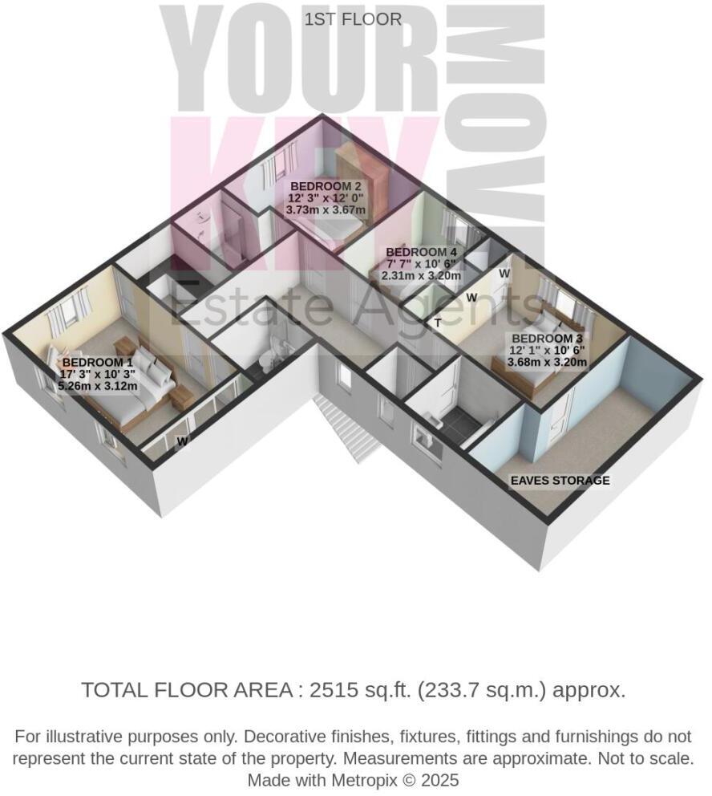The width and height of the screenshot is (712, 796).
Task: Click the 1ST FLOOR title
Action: (x=353, y=19)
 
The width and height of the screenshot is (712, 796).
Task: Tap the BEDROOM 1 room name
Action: (x=93, y=362)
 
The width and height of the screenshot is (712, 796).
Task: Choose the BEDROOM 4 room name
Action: (x=421, y=251)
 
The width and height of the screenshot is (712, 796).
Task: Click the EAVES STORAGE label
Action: (x=560, y=481)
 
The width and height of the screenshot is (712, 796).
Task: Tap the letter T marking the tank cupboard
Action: (x=438, y=323)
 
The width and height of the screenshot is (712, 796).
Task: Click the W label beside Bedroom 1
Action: (x=183, y=441)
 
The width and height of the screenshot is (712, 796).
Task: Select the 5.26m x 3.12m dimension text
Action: (x=98, y=386)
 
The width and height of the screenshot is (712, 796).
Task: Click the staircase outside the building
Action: (x=345, y=425)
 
